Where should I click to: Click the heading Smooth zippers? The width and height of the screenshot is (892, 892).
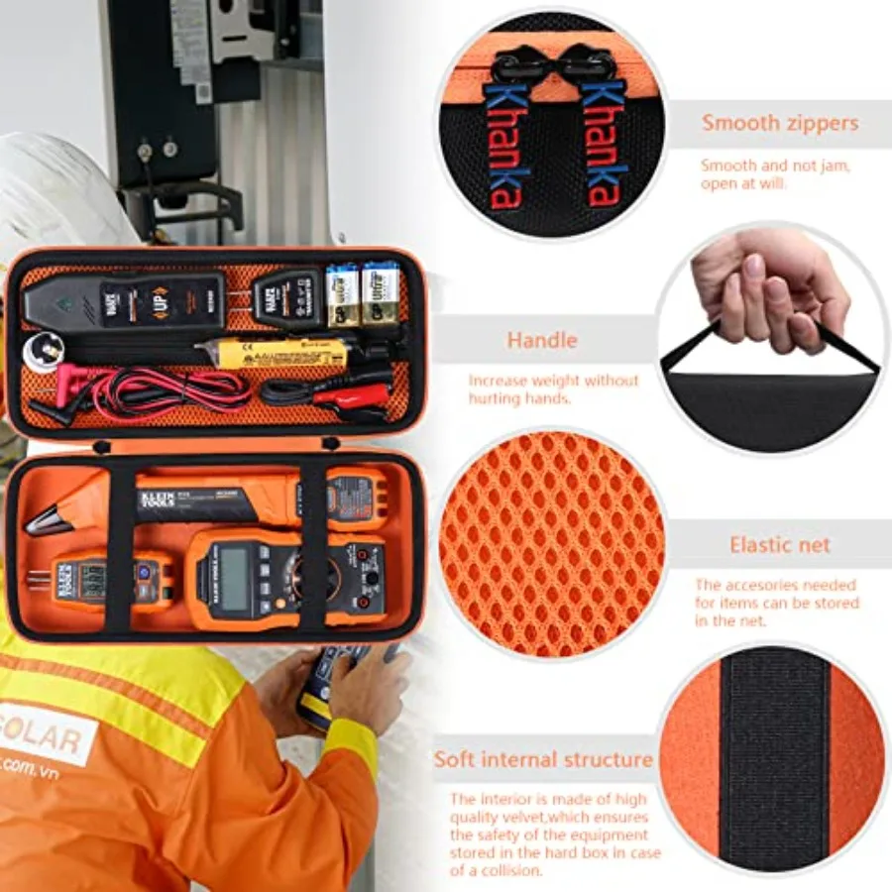780,124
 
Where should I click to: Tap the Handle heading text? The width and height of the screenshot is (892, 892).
541,341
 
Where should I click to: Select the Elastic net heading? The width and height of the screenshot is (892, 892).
780,544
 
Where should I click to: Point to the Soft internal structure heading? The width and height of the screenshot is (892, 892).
543,760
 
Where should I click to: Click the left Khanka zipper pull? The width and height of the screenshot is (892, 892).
506,139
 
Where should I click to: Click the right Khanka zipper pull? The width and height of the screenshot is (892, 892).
602,139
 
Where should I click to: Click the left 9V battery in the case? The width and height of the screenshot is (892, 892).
343,293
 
